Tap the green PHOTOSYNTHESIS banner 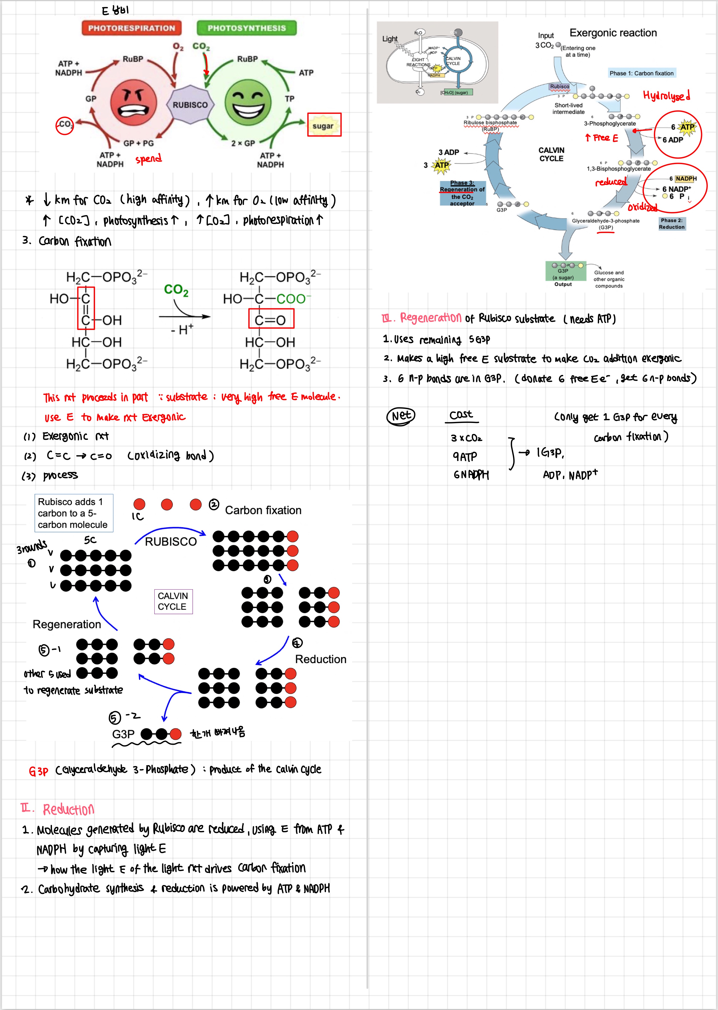[246, 28]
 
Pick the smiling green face [248, 103]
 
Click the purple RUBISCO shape [190, 105]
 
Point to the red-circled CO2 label [65, 125]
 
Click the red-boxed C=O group [270, 319]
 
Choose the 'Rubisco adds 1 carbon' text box [73, 513]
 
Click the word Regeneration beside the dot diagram [67, 624]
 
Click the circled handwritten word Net [401, 416]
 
